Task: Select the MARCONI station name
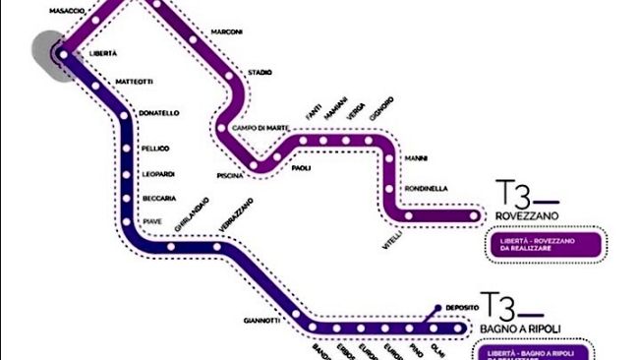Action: pos(227,31)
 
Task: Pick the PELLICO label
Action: pos(155,149)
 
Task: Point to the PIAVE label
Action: pos(153,222)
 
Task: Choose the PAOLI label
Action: pos(302,168)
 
